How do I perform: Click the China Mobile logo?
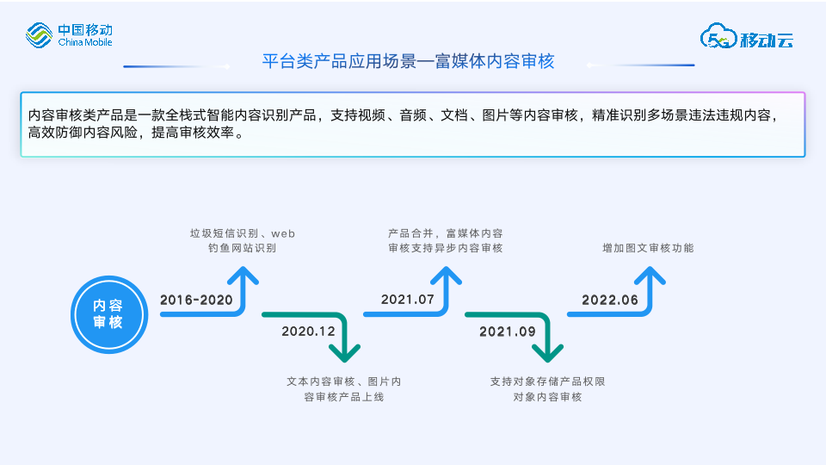click(x=69, y=35)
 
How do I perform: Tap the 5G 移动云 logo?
click(x=746, y=36)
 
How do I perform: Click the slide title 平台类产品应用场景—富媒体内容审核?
click(x=408, y=61)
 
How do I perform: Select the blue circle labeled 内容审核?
click(x=108, y=314)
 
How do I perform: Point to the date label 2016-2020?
click(x=196, y=300)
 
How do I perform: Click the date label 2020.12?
click(x=308, y=331)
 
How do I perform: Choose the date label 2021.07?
click(x=408, y=300)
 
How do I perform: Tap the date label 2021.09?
click(x=508, y=331)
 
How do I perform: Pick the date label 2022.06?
click(x=610, y=300)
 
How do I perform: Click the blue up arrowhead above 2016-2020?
click(x=243, y=276)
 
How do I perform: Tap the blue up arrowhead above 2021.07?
click(x=446, y=276)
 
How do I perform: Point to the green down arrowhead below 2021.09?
click(x=547, y=352)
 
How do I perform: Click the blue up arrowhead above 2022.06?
click(x=649, y=276)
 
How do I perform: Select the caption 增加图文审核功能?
click(x=648, y=248)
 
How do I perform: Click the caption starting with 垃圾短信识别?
click(x=243, y=240)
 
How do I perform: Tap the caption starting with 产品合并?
click(x=445, y=240)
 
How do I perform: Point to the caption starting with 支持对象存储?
click(x=547, y=388)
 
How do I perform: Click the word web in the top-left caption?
click(x=284, y=233)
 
